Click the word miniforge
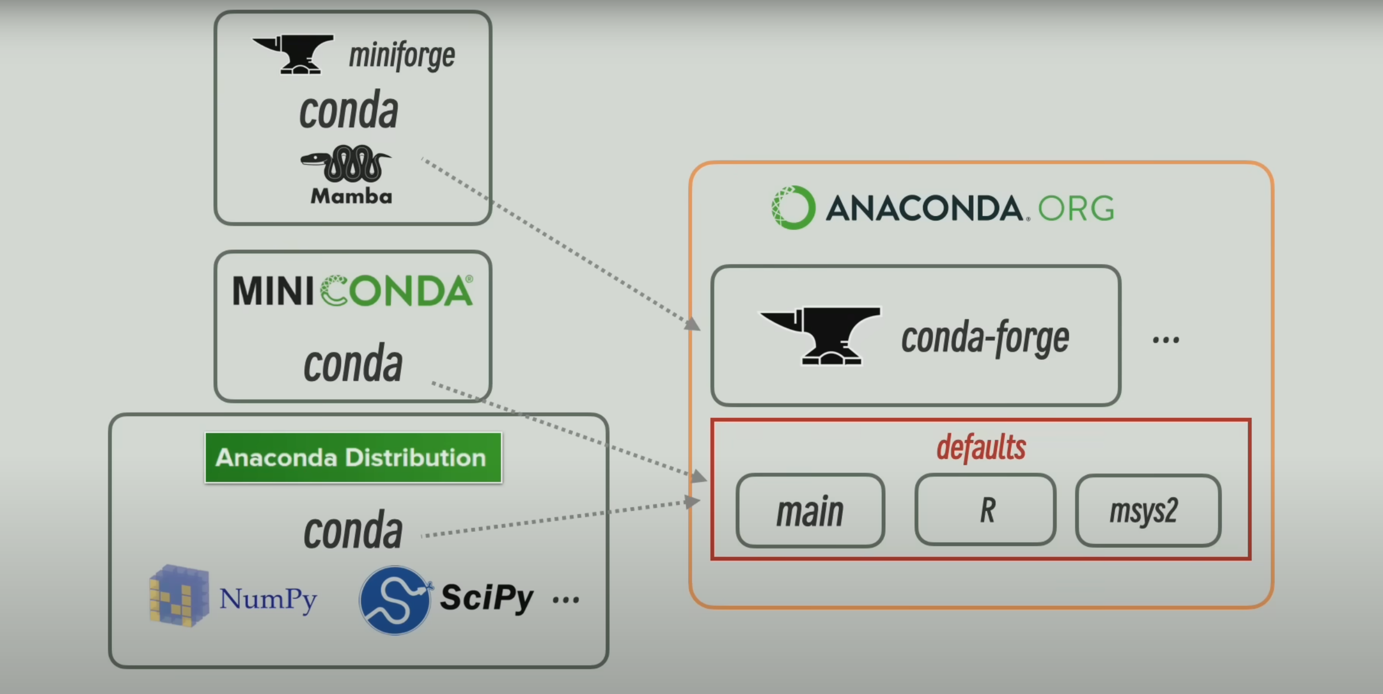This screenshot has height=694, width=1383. tap(401, 56)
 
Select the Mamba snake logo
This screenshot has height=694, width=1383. tap(347, 164)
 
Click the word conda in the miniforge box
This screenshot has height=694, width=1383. tap(349, 110)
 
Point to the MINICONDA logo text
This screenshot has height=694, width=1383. tap(353, 291)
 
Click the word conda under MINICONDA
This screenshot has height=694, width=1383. tap(353, 363)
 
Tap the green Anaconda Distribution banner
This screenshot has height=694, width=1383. tap(353, 458)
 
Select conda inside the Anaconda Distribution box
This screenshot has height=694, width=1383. tap(353, 531)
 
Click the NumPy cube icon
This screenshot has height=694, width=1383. tap(178, 596)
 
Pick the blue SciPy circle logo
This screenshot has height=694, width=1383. tap(394, 600)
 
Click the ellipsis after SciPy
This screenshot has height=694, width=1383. tap(566, 600)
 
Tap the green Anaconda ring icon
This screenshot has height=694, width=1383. tap(793, 207)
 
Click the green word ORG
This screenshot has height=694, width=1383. tap(1076, 209)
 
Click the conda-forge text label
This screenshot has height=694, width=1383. tap(985, 338)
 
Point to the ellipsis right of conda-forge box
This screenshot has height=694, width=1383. tap(1166, 340)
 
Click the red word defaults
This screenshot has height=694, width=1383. tap(981, 448)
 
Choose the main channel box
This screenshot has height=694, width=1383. tap(810, 511)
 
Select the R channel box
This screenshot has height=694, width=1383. tap(986, 509)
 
